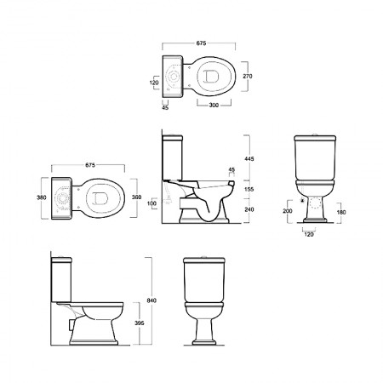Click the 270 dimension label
point(248,76)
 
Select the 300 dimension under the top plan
point(214,106)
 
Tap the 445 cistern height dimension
point(249,159)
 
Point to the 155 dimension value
point(249,189)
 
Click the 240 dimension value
point(249,209)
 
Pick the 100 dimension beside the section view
point(152,203)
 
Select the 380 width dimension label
point(42,197)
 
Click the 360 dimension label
point(136,197)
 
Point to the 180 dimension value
point(341,212)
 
